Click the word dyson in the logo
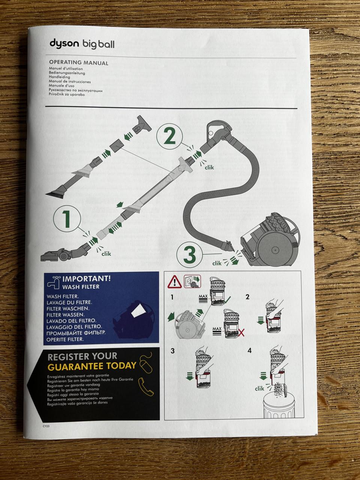[64, 43]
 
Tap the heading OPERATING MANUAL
[79, 63]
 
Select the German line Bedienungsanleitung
[67, 73]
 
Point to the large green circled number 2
[169, 136]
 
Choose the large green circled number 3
[190, 255]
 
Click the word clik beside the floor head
[106, 254]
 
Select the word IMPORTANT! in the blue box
[87, 279]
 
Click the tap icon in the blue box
[54, 283]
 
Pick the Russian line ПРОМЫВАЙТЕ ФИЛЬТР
[76, 333]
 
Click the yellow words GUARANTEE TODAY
[92, 366]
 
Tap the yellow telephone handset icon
[146, 387]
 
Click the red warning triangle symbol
[174, 282]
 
